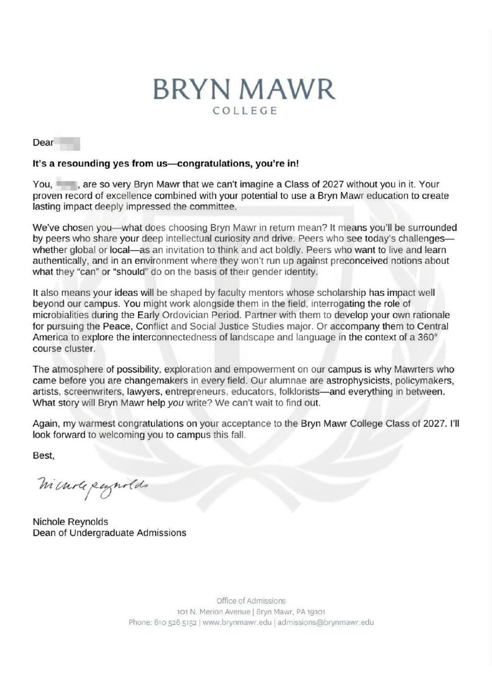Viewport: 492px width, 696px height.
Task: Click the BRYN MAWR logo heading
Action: pos(244,90)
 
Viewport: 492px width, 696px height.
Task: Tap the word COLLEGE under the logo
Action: pos(244,111)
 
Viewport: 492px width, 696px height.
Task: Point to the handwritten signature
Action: pos(91,483)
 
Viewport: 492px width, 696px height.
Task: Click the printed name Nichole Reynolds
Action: pos(70,522)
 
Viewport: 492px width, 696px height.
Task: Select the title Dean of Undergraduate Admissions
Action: pos(109,533)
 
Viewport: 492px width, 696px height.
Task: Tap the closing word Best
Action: pos(43,455)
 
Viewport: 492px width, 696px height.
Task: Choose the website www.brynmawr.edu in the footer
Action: pos(237,622)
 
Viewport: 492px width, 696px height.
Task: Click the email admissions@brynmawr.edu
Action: pos(326,622)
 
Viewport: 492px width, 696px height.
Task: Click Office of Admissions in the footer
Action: pos(251,601)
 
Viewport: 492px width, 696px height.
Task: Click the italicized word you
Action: pos(176,403)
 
